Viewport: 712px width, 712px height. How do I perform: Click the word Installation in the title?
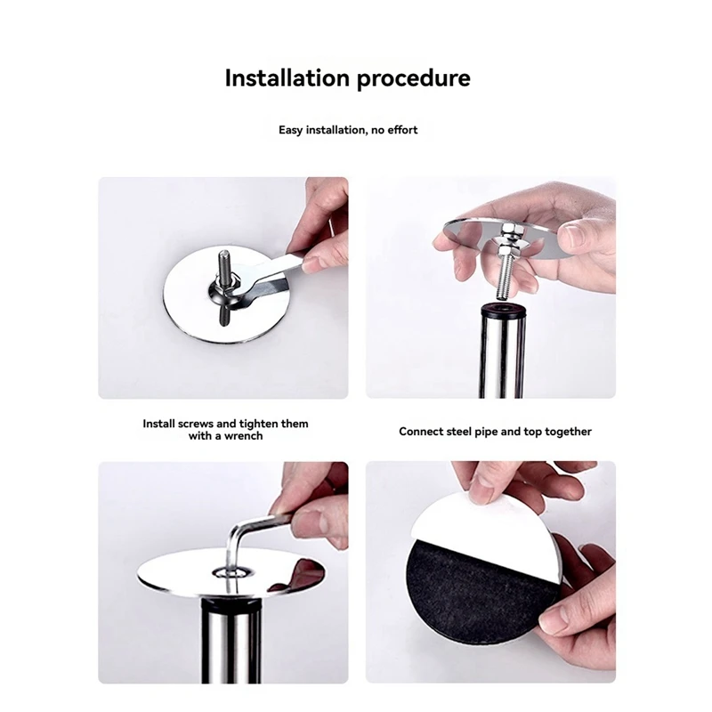coord(287,77)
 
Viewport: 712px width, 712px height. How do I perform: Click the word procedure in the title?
coord(414,79)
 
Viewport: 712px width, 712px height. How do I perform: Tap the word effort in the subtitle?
coord(402,130)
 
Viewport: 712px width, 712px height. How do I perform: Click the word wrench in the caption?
coord(245,436)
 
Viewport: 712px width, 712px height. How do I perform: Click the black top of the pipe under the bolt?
coord(502,309)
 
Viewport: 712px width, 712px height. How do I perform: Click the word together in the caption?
coord(568,432)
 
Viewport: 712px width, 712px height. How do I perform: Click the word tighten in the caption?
coord(259,425)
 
